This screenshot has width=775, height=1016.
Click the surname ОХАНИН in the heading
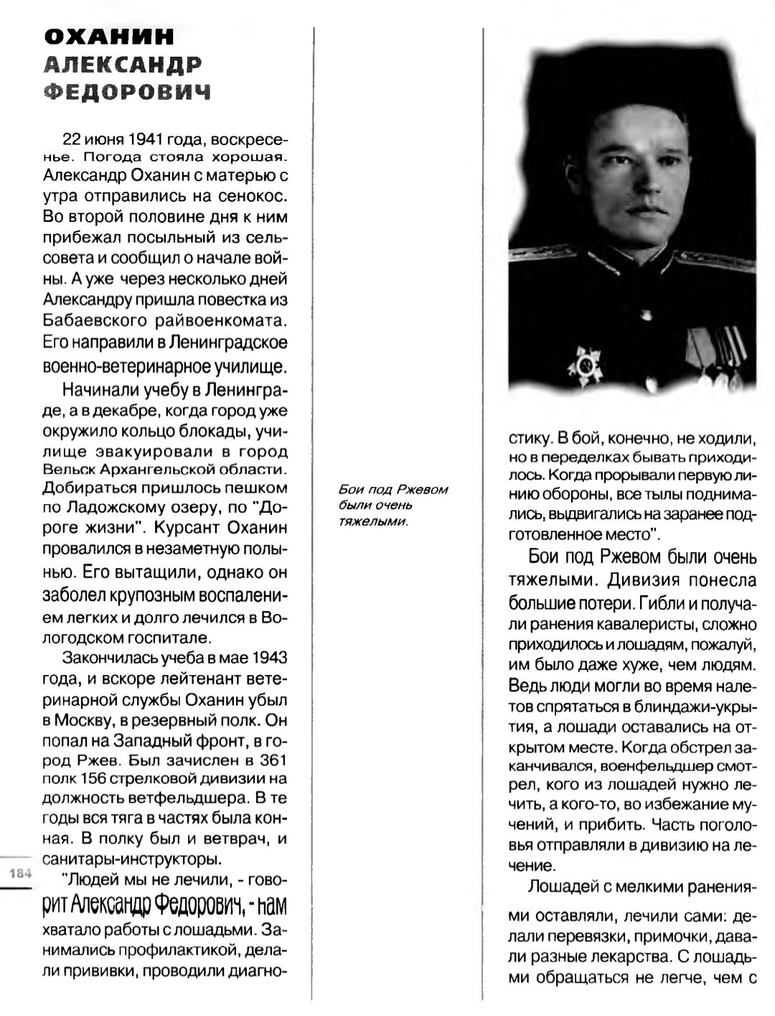tap(109, 37)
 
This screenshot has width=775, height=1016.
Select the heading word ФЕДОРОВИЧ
tap(128, 92)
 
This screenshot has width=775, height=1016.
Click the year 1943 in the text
tap(270, 658)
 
